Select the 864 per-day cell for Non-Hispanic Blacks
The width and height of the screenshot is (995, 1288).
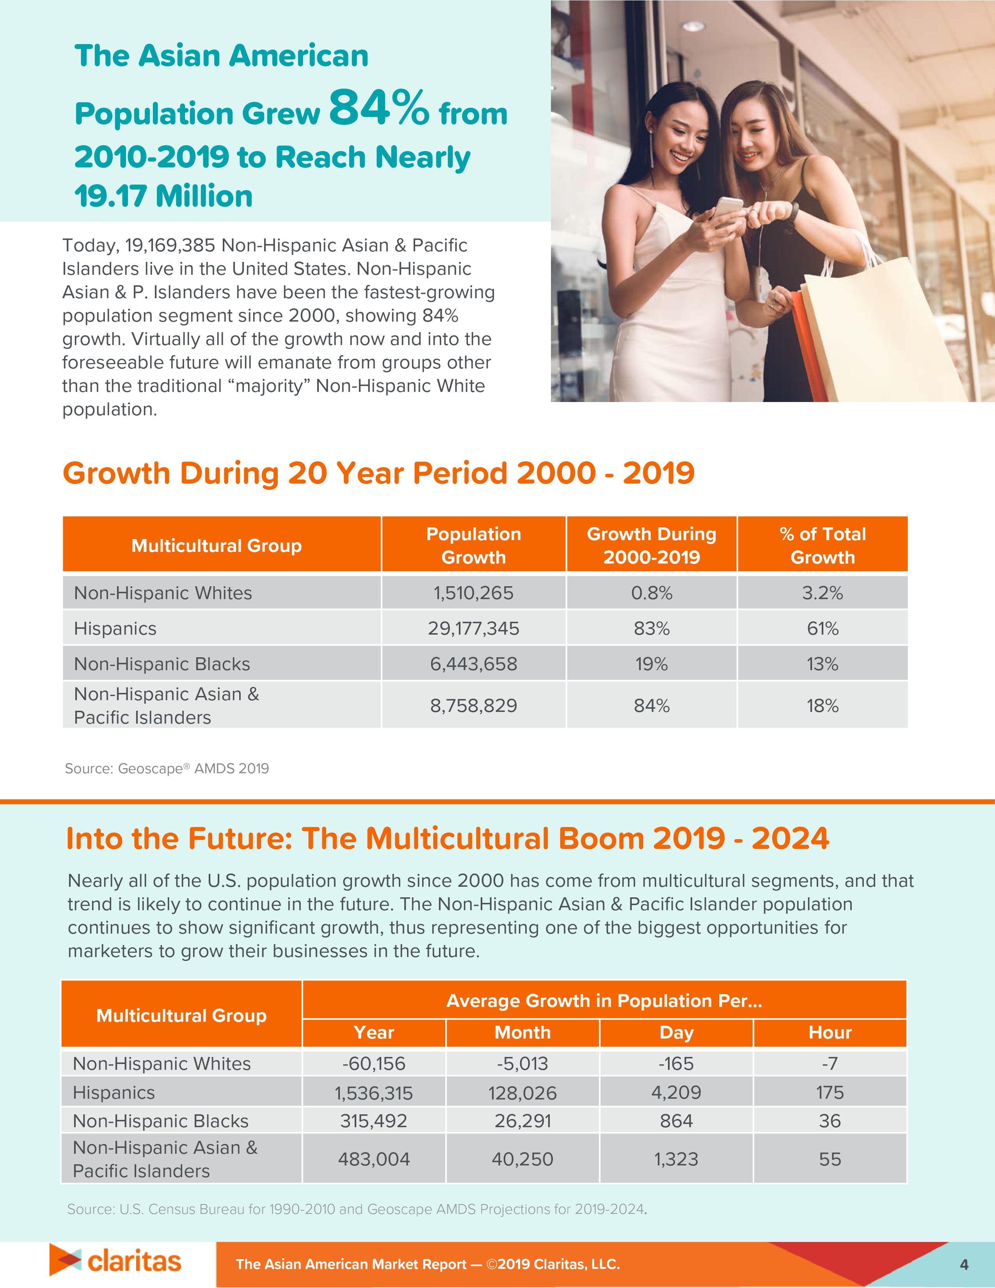(x=676, y=1121)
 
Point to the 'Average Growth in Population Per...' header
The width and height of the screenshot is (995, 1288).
(x=604, y=1000)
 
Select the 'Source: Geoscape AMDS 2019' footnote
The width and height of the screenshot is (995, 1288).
(x=167, y=769)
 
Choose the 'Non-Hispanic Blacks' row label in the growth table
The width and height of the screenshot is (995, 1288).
(x=162, y=664)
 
